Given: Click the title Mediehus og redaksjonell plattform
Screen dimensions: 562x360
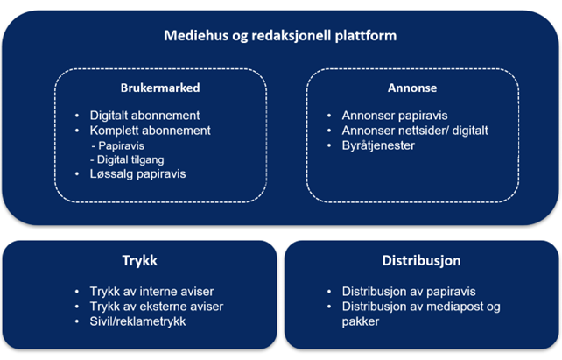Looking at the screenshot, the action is pyautogui.click(x=280, y=36).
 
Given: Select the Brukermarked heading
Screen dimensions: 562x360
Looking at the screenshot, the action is pyautogui.click(x=160, y=88).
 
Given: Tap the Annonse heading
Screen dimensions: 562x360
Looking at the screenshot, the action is pyautogui.click(x=412, y=88).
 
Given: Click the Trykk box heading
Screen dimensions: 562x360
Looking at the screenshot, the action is pyautogui.click(x=139, y=261).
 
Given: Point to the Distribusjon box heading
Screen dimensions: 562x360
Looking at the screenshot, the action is pyautogui.click(x=422, y=261).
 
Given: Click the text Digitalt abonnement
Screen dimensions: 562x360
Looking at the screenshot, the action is pyautogui.click(x=144, y=116).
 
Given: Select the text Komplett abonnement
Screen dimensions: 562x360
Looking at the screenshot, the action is pyautogui.click(x=151, y=131).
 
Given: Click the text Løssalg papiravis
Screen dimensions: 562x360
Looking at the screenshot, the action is pyautogui.click(x=138, y=174).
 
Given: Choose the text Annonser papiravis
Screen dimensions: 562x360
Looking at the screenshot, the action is pyautogui.click(x=395, y=116).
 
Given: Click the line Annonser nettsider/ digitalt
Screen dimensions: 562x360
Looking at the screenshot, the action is pyautogui.click(x=415, y=131).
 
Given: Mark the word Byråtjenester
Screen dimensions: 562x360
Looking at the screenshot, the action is pyautogui.click(x=378, y=145).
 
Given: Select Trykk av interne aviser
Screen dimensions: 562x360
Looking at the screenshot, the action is pyautogui.click(x=151, y=292).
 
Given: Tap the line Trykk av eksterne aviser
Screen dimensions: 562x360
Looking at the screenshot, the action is pyautogui.click(x=157, y=307).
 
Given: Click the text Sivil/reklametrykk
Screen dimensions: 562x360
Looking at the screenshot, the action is pyautogui.click(x=137, y=321).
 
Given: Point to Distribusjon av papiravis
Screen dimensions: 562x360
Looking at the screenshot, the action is pyautogui.click(x=409, y=292).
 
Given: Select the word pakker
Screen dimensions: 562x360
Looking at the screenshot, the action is pyautogui.click(x=360, y=321).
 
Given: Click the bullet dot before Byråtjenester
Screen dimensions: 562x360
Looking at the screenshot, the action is pyautogui.click(x=329, y=145).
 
